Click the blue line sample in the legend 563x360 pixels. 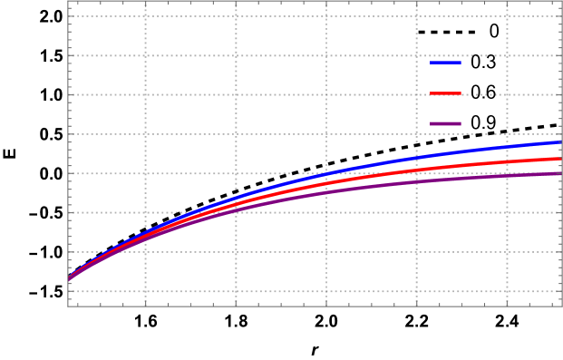[x=445, y=63]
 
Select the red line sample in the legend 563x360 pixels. [x=445, y=93]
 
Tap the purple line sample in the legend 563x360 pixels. [x=445, y=123]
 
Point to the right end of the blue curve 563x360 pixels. [x=561, y=141]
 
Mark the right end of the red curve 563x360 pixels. [x=561, y=158]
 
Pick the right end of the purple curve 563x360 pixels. [x=561, y=173]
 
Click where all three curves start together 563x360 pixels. [x=69, y=279]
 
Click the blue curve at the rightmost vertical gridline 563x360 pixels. [x=507, y=147]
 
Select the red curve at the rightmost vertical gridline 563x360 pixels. [x=507, y=162]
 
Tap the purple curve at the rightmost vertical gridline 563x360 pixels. [x=507, y=176]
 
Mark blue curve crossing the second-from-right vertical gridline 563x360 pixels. [x=417, y=158]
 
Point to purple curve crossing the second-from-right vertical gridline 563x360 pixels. [x=417, y=181]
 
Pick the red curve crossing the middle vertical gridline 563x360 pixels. [x=326, y=184]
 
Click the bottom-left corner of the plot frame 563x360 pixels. [x=68, y=306]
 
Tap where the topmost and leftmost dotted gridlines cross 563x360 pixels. [x=146, y=16]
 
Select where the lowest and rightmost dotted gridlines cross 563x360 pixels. [x=507, y=291]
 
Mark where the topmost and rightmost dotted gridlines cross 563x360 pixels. [x=507, y=16]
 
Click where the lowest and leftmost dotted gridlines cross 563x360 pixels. [x=146, y=291]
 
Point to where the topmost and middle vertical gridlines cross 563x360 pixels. [x=326, y=16]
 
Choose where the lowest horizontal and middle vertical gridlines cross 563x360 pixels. [x=326, y=291]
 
